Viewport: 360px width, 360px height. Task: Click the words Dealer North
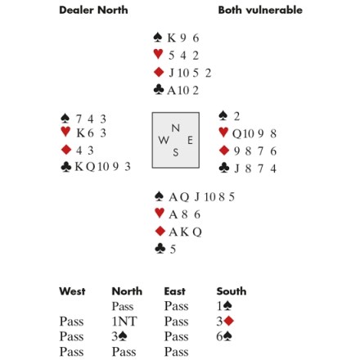point(93,10)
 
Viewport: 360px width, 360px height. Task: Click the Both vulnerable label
point(260,10)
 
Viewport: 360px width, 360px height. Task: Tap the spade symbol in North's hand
point(158,38)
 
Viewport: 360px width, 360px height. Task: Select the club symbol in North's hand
point(159,89)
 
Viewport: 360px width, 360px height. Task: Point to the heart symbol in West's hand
point(65,132)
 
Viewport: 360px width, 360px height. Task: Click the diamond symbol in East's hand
point(224,151)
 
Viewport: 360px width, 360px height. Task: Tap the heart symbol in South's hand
point(160,213)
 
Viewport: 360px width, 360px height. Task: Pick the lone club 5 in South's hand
point(173,250)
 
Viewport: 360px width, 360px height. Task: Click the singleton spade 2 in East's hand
point(236,116)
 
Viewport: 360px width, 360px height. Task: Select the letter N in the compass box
point(176,128)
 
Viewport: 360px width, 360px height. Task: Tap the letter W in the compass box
point(164,140)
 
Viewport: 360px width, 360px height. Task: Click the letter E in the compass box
point(190,141)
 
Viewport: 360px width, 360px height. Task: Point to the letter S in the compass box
point(176,152)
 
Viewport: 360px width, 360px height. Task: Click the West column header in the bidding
point(72,291)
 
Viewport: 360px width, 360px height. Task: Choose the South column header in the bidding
point(232,291)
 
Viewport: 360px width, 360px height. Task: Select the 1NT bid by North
point(124,322)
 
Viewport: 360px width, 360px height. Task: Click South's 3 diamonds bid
point(225,322)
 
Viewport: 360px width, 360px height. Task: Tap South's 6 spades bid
point(224,336)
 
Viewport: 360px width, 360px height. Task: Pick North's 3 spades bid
point(119,336)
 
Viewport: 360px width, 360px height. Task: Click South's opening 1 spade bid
point(224,306)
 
